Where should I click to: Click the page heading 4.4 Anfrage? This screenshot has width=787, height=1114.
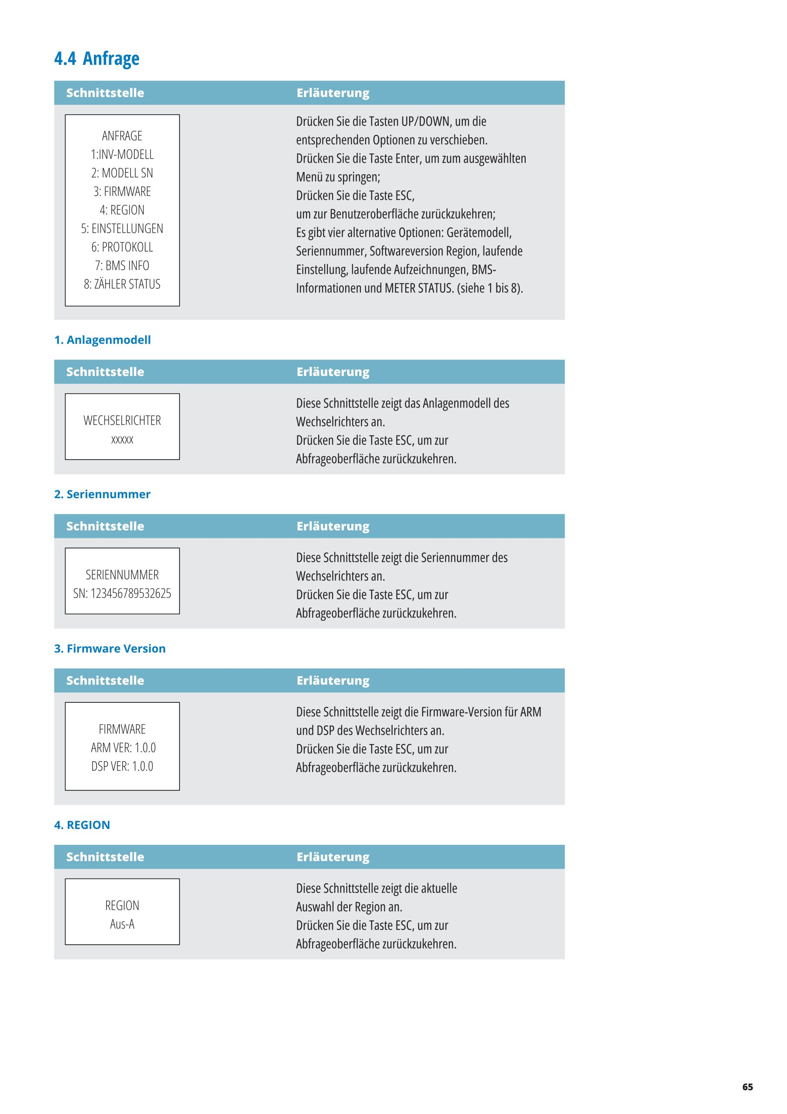pos(97,59)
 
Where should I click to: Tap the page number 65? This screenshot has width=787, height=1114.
pos(747,1087)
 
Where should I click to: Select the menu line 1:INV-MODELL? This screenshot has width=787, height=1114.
pos(122,154)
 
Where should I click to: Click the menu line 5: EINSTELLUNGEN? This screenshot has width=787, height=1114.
pos(122,228)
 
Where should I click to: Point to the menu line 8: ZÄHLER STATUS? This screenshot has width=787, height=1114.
pos(122,284)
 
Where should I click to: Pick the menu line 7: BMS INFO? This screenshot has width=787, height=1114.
pos(122,266)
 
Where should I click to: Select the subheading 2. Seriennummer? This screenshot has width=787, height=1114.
pos(102,494)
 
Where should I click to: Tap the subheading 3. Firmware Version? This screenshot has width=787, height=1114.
pos(110,648)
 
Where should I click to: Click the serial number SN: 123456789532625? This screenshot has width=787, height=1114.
pos(122,594)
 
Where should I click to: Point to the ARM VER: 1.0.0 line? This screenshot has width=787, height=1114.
pos(123,748)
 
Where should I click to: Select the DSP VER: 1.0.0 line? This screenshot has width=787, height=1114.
pos(122,766)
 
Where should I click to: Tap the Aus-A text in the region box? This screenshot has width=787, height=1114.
pos(122,924)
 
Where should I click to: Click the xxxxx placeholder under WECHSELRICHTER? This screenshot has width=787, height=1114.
pos(122,440)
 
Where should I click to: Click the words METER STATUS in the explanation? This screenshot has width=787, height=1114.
pos(418,288)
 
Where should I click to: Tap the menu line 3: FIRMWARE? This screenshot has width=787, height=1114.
pos(122,191)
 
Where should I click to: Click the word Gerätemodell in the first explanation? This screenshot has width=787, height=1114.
pos(479,233)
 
